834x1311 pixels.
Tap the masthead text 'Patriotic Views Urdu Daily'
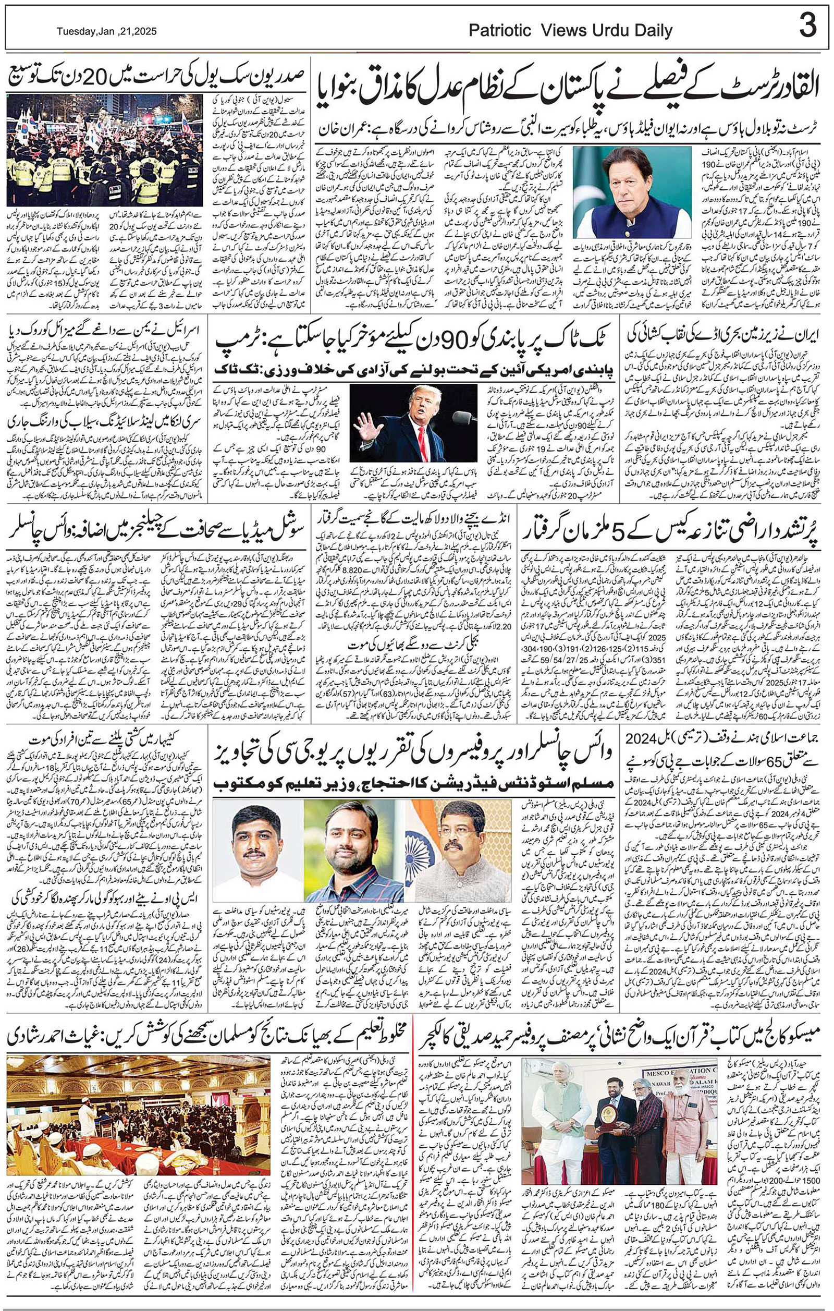[x=570, y=32]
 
